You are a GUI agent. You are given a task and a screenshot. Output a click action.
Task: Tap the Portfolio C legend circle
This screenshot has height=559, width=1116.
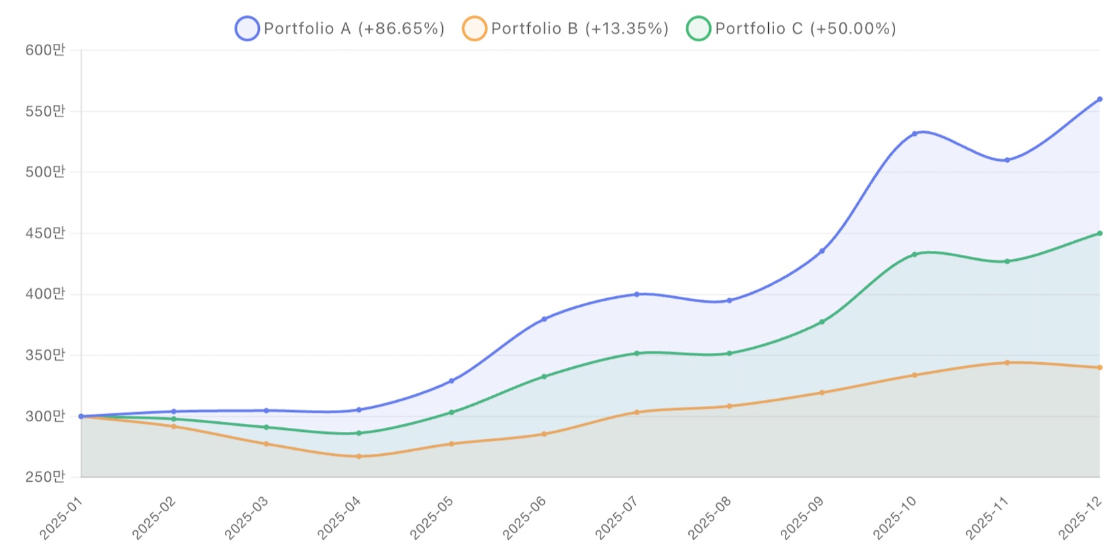coord(698,29)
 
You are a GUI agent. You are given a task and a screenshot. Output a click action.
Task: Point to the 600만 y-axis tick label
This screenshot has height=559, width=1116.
coord(45,50)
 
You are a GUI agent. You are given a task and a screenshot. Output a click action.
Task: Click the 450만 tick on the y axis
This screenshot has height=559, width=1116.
coord(45,233)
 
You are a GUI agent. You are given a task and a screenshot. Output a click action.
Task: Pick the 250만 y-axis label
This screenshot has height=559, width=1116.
coord(45,476)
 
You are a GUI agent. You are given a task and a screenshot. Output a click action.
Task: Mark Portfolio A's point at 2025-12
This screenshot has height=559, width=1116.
coord(1099,99)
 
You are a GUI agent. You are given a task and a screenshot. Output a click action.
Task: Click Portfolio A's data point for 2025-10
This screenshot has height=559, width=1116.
coord(914,134)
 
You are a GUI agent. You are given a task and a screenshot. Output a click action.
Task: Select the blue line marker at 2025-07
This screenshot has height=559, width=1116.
coord(636,294)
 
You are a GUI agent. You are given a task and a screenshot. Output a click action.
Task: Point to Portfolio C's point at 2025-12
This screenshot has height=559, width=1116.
coord(1099,234)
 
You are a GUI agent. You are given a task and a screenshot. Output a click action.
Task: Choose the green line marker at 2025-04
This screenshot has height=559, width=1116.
coord(359,433)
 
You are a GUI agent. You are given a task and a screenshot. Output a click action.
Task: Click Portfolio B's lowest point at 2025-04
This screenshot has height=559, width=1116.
coord(359,457)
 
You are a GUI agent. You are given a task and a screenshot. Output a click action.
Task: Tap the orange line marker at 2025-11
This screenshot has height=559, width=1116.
coord(1007,363)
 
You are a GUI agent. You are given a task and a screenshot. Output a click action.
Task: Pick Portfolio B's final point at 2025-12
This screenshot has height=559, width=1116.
coord(1099,367)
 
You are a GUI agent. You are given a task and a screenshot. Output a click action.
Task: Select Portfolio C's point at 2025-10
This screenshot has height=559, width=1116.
coord(914,254)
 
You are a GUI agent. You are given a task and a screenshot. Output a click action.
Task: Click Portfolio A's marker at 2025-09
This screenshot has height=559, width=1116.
coord(822,251)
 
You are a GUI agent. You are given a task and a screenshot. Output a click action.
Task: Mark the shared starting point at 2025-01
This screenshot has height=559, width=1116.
coord(81,417)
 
